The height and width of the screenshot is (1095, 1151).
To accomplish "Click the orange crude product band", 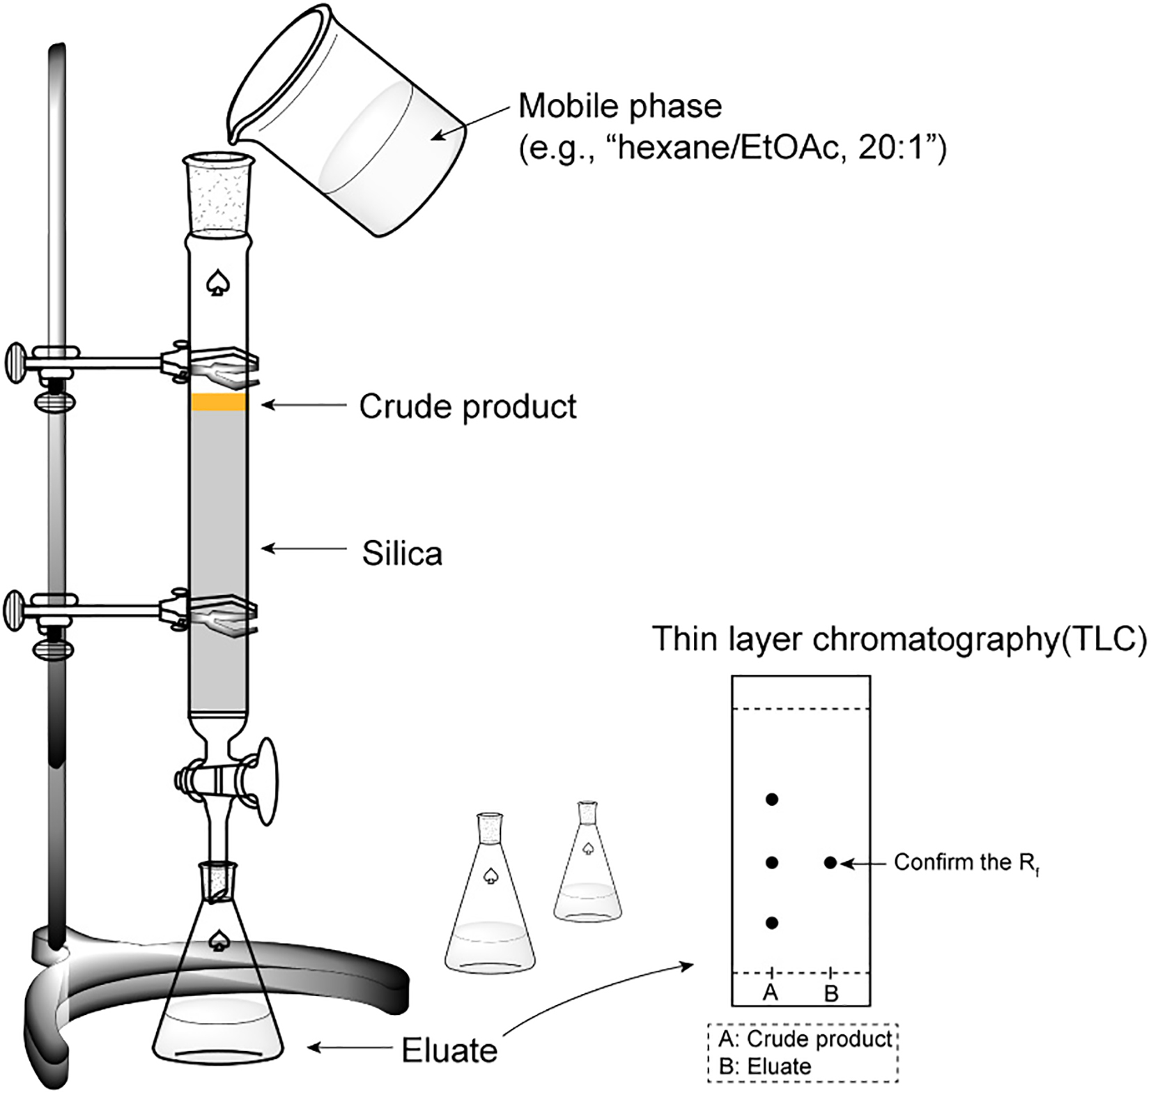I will (x=219, y=403).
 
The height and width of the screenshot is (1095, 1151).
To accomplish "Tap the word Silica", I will (x=402, y=554).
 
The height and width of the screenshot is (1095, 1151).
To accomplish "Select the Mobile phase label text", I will (x=620, y=107).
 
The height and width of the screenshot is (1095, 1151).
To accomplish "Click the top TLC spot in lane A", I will (x=771, y=799).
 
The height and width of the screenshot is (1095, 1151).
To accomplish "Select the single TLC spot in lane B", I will (x=830, y=863).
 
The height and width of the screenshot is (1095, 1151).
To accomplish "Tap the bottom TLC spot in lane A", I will (x=771, y=923).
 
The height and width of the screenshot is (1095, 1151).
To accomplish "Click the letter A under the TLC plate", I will (x=770, y=992).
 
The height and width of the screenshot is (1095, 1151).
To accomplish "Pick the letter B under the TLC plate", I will (x=831, y=993).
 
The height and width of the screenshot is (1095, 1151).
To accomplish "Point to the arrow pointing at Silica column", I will (x=304, y=549).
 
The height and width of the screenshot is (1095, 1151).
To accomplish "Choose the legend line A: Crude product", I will (x=805, y=1039).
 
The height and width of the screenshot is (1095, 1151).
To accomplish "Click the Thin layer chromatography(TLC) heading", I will (x=899, y=641).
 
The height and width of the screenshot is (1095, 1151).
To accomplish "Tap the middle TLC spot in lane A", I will (x=771, y=863).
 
